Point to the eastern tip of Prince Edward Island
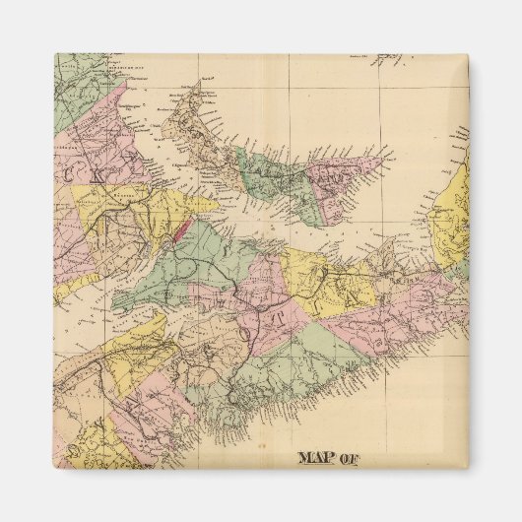(x=390, y=153)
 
